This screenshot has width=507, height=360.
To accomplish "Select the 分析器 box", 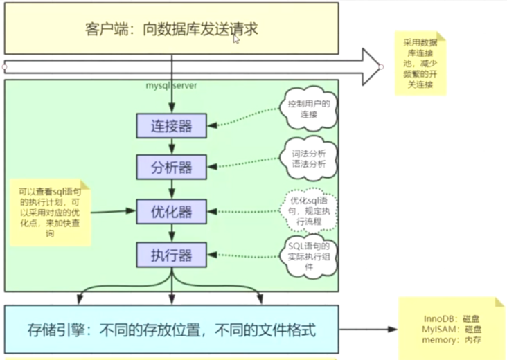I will [x=171, y=167].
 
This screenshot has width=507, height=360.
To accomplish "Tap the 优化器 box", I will [x=171, y=210].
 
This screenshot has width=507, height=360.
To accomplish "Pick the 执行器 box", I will [x=171, y=254].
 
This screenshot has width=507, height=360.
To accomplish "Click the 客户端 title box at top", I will [x=171, y=28].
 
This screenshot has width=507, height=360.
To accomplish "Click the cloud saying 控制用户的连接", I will [x=309, y=109].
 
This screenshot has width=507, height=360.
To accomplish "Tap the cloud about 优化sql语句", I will [x=309, y=208].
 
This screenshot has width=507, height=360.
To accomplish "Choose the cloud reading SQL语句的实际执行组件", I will [x=310, y=255].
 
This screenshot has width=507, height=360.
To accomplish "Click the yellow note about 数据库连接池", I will [x=420, y=63].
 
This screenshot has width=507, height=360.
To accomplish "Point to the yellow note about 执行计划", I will [x=48, y=210].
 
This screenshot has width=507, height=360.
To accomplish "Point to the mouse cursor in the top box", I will [x=236, y=39].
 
